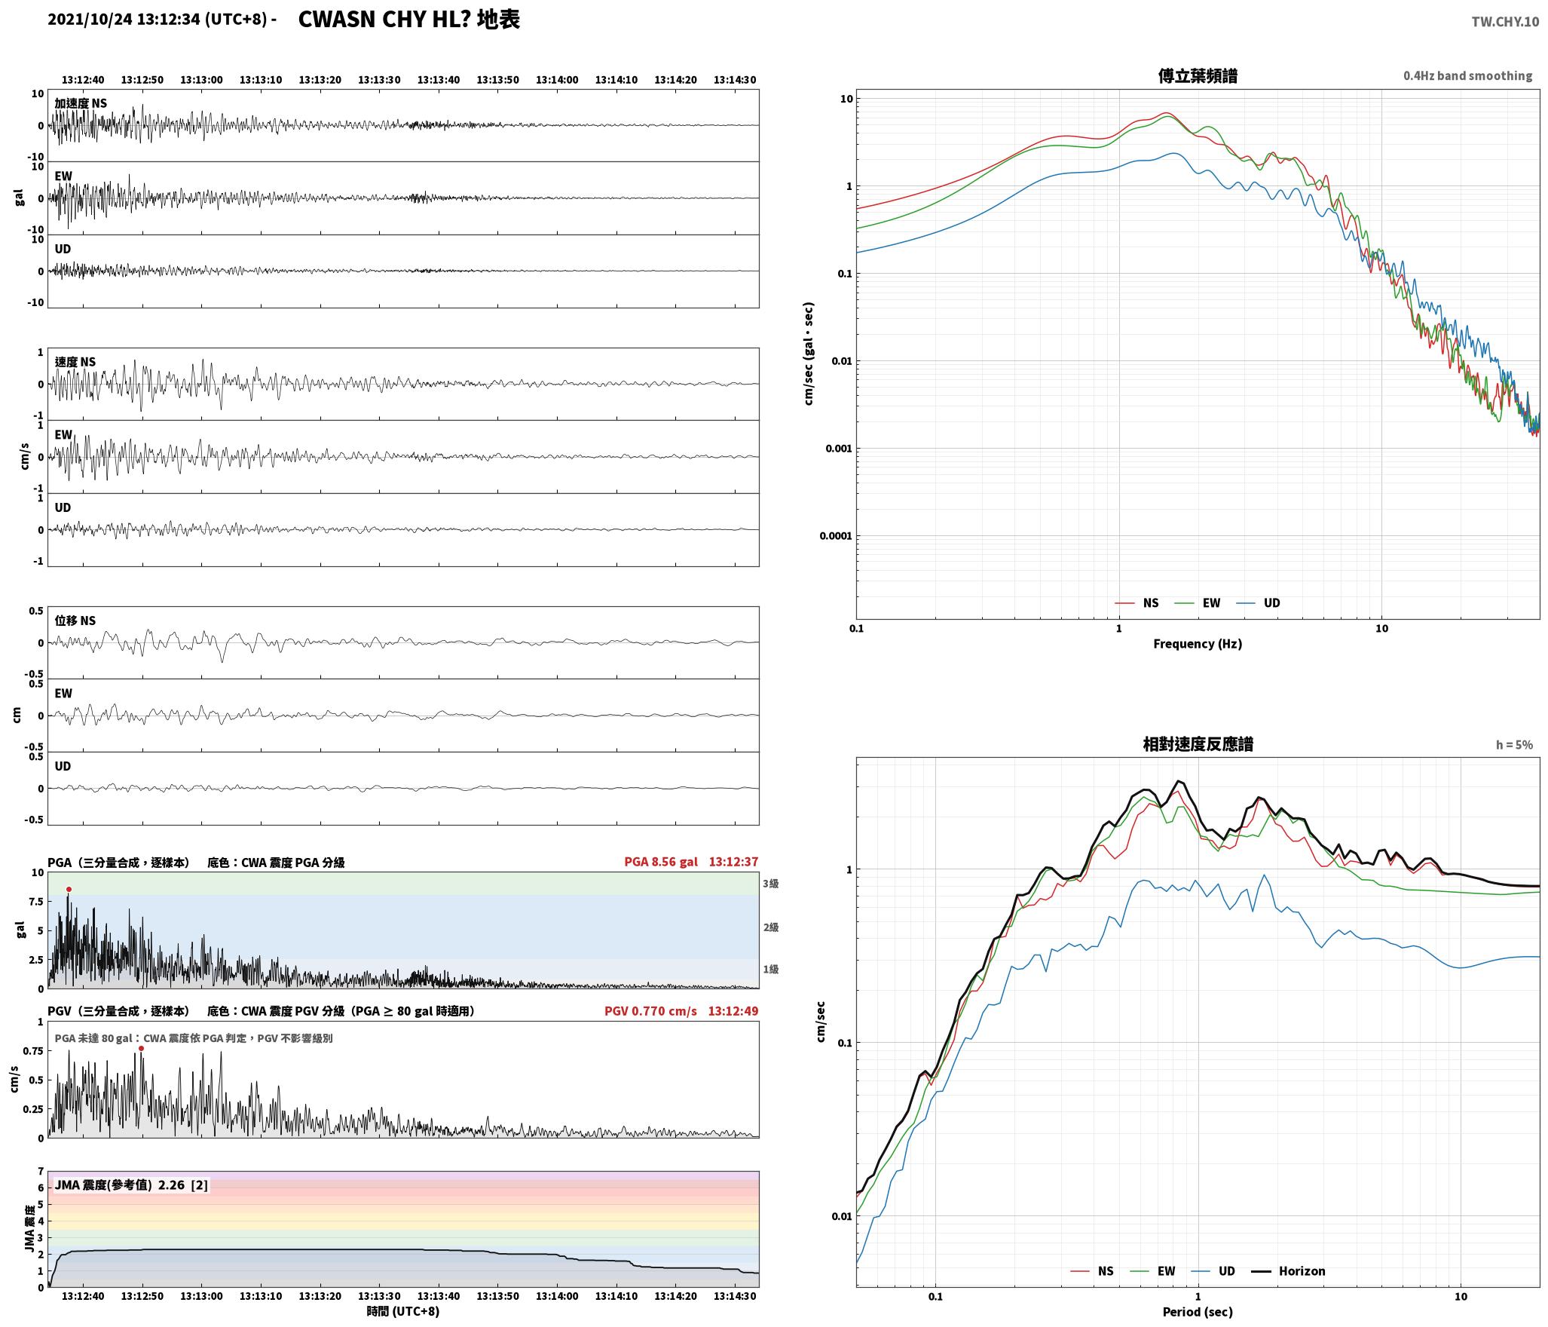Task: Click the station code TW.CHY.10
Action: [1505, 22]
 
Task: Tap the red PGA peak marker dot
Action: [69, 890]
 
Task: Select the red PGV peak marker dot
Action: [141, 1049]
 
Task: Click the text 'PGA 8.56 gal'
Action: [661, 862]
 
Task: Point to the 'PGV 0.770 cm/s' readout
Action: [650, 1011]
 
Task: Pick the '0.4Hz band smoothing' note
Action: [1467, 76]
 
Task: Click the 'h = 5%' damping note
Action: [1514, 745]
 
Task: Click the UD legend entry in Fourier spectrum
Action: [1258, 603]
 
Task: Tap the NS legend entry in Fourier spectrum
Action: [1137, 603]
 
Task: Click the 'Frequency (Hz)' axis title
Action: [1198, 644]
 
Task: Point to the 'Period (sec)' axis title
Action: [1198, 1312]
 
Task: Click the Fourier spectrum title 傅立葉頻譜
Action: [1198, 76]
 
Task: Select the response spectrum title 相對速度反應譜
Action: [1198, 744]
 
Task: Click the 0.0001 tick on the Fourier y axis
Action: [836, 536]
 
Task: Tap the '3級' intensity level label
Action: [770, 884]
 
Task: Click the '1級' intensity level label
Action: [770, 970]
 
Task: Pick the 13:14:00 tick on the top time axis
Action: [557, 80]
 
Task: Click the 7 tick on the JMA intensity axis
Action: [41, 1171]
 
